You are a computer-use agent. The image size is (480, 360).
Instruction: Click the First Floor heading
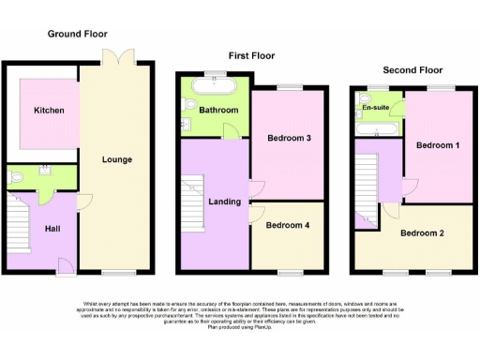(x=251, y=56)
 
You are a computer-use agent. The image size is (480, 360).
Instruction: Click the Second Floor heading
(x=412, y=70)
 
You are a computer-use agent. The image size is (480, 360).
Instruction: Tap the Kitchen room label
(x=49, y=111)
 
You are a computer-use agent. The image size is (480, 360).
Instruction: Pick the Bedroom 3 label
(x=289, y=139)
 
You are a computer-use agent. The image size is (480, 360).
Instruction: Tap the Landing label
(x=225, y=202)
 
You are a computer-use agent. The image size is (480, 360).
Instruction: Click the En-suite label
(x=376, y=109)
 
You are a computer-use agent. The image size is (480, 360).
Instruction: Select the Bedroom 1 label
(x=438, y=146)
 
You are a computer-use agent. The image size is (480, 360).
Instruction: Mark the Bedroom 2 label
(x=422, y=232)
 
